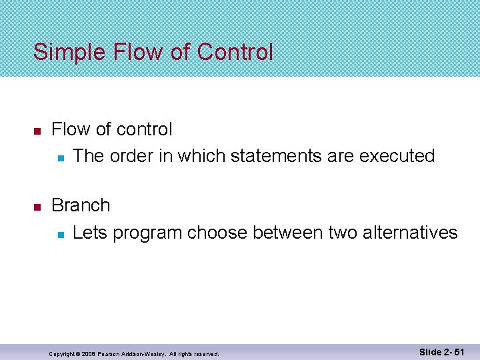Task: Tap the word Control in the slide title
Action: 235,52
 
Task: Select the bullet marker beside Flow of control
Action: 37,130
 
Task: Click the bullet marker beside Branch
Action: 37,207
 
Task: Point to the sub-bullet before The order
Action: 59,157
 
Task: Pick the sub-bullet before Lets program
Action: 59,234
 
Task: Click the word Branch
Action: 81,205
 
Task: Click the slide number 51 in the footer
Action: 457,351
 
